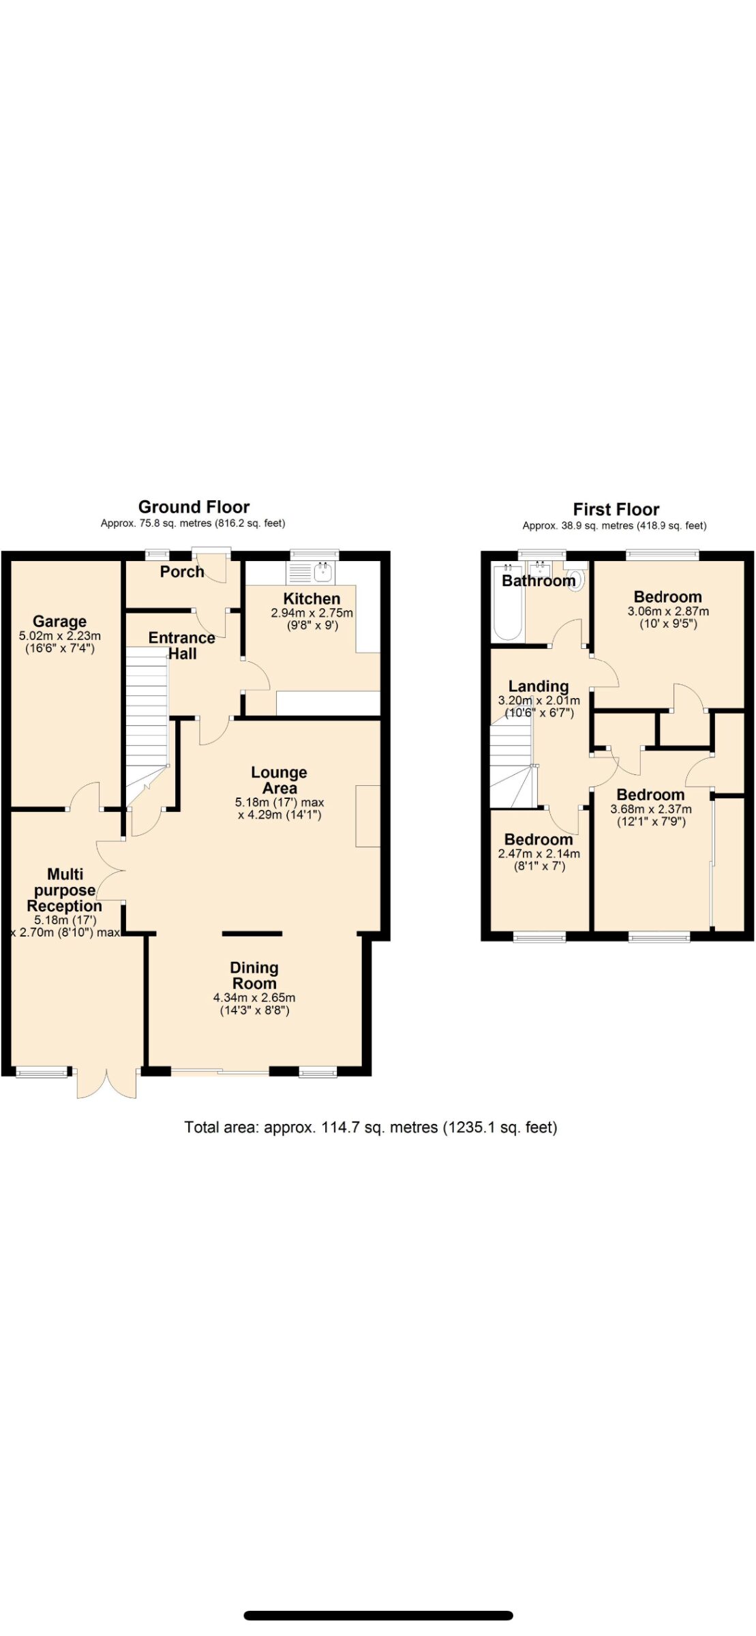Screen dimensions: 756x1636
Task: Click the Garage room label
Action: pos(59,621)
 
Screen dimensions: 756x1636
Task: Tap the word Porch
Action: pos(182,572)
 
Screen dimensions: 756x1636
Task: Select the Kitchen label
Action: pos(312,599)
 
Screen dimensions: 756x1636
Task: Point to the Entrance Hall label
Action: pos(182,646)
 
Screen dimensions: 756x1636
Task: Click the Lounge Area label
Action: pos(279,780)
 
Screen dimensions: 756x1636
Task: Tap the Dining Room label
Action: pos(254,975)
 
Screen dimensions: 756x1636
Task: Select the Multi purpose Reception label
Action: pos(65,890)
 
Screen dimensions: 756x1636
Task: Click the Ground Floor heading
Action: pos(194,507)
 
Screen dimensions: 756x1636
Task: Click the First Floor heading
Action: pos(616,509)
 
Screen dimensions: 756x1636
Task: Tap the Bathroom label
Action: pos(539,581)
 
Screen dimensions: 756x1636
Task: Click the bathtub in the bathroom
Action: pos(508,603)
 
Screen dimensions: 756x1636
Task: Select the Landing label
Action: pos(539,686)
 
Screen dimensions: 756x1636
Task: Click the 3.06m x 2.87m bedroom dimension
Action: pos(668,611)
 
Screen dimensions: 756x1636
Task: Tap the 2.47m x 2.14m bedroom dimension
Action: pos(539,854)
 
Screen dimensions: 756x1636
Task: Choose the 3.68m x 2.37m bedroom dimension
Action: pos(651,809)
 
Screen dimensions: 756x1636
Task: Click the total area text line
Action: pos(371,1127)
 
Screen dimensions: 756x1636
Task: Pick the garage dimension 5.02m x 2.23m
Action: pos(60,636)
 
